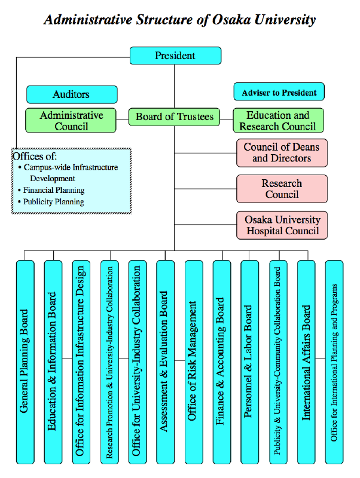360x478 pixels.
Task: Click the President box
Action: pyautogui.click(x=175, y=56)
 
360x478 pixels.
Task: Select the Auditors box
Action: pyautogui.click(x=72, y=94)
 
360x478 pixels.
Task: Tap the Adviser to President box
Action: pyautogui.click(x=279, y=92)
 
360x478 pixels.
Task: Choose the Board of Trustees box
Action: pyautogui.click(x=175, y=117)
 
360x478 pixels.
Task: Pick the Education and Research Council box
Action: pyautogui.click(x=278, y=120)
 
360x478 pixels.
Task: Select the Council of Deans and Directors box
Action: pyautogui.click(x=282, y=152)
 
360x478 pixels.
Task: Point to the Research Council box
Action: pyautogui.click(x=282, y=189)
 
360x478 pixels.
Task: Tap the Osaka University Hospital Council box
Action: pyautogui.click(x=282, y=225)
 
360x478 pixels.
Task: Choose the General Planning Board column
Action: pyautogui.click(x=25, y=361)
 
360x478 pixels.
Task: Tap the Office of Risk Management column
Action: pyautogui.click(x=193, y=361)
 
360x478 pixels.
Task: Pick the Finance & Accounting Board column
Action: pyautogui.click(x=221, y=361)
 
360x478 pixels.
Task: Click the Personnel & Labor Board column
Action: pyautogui.click(x=249, y=361)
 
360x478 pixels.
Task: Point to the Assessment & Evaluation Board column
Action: pyautogui.click(x=164, y=361)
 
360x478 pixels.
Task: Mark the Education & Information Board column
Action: pyautogui.click(x=53, y=361)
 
